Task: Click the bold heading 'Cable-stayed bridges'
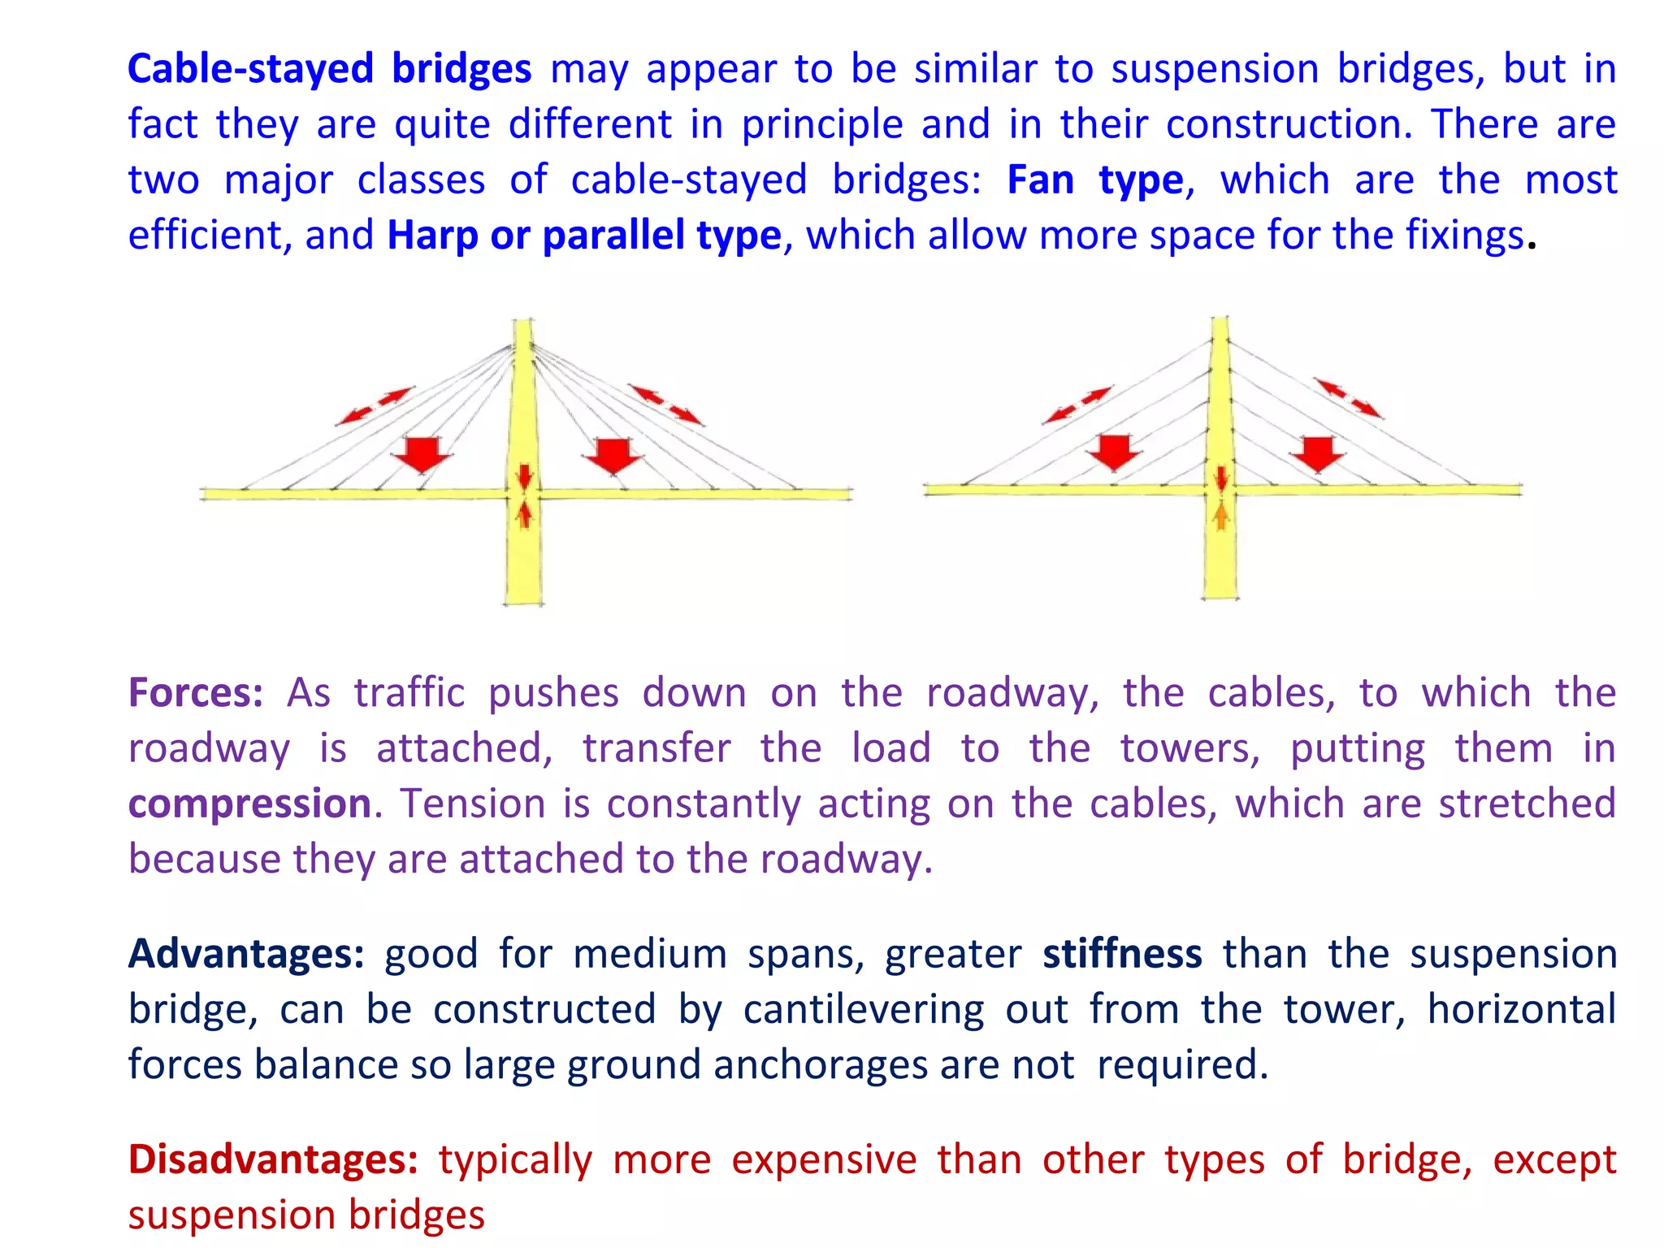pyautogui.click(x=329, y=69)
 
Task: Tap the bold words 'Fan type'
pyautogui.click(x=1094, y=180)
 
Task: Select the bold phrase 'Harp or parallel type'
pyautogui.click(x=583, y=236)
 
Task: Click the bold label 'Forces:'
pyautogui.click(x=196, y=693)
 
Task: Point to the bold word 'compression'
pyautogui.click(x=249, y=804)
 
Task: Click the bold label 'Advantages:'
pyautogui.click(x=246, y=954)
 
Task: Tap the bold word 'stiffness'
pyautogui.click(x=1122, y=954)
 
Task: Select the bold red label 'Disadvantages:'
pyautogui.click(x=273, y=1159)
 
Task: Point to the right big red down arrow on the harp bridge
pyautogui.click(x=1317, y=453)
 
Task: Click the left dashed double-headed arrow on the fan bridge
pyautogui.click(x=375, y=406)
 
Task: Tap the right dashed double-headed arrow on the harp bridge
pyautogui.click(x=1349, y=398)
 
